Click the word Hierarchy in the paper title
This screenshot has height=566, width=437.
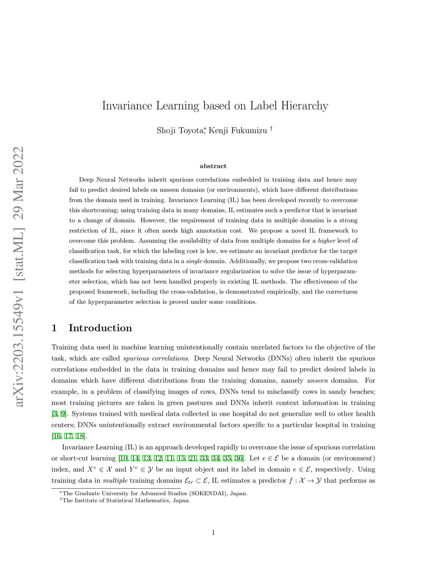304,106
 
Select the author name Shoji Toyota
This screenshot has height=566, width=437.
179,131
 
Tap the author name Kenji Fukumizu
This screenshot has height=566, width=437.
238,131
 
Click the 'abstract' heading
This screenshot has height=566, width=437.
213,166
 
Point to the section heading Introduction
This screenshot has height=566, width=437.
100,328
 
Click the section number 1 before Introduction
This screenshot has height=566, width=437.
54,328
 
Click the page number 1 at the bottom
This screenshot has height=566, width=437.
213,532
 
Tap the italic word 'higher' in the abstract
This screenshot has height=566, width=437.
327,241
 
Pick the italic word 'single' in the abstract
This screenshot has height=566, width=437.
194,261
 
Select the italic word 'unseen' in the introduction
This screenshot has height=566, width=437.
318,381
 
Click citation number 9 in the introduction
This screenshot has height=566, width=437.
63,414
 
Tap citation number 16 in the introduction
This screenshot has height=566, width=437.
56,436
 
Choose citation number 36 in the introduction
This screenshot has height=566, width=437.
239,458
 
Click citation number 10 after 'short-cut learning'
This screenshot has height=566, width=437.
123,458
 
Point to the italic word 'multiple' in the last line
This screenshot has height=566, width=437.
115,481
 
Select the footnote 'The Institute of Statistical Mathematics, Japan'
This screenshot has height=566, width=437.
126,501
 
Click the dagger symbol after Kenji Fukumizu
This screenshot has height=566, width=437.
271,129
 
